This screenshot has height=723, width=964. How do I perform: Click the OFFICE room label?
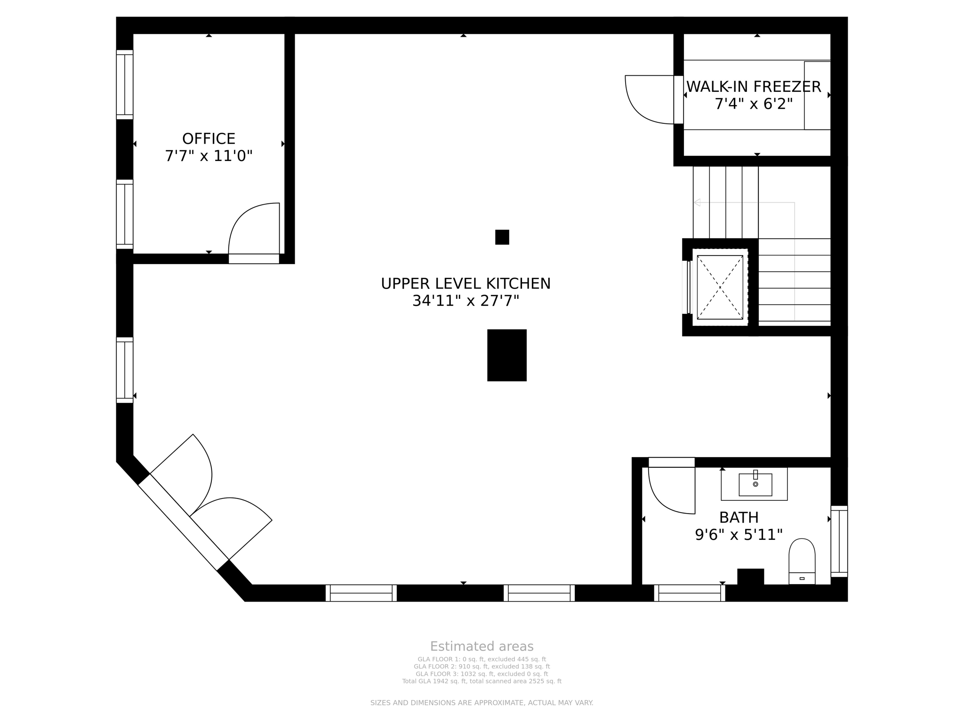click(x=209, y=139)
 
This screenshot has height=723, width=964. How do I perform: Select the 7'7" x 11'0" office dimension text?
click(x=209, y=156)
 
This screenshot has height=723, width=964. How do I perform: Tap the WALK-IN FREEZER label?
click(x=754, y=87)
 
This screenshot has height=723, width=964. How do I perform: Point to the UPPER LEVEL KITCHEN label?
click(x=466, y=284)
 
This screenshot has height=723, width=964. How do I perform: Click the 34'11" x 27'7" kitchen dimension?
click(x=466, y=301)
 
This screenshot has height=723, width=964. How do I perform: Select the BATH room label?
click(x=739, y=518)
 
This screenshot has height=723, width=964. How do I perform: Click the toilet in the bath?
click(x=802, y=561)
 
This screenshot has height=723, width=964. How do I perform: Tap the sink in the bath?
click(x=755, y=484)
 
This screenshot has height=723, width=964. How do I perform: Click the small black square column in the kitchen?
click(x=502, y=237)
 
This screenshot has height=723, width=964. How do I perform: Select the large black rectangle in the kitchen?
click(x=506, y=355)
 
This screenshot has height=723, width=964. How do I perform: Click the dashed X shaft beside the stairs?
click(x=720, y=287)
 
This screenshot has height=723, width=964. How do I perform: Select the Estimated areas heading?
click(x=482, y=646)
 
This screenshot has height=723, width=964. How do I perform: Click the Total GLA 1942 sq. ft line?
click(x=482, y=681)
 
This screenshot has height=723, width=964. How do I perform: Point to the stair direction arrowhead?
click(x=697, y=202)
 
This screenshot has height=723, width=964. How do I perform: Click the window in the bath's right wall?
click(x=839, y=541)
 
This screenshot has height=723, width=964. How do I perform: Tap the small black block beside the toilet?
click(x=750, y=577)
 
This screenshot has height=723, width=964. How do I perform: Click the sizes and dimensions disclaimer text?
click(x=482, y=703)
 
